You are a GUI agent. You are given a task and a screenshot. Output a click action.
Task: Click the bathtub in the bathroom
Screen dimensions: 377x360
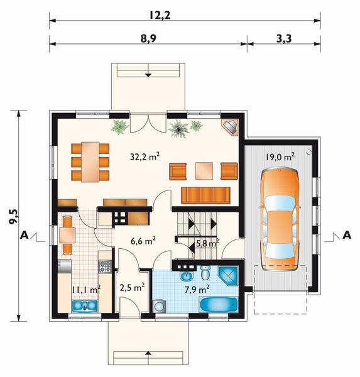(x=218, y=306)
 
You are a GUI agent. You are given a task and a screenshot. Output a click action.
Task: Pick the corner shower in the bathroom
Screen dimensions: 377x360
(x=229, y=275)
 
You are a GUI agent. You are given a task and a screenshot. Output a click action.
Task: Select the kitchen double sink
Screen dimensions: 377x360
(x=84, y=307)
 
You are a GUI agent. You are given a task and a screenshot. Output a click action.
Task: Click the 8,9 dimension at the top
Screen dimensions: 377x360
(x=149, y=37)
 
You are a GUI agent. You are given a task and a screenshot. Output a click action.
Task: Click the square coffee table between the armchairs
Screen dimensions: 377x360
(x=203, y=170)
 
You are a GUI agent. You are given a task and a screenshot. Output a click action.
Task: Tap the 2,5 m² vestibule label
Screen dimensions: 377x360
(x=133, y=287)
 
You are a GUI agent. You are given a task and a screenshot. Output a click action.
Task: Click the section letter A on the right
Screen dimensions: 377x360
(x=346, y=235)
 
